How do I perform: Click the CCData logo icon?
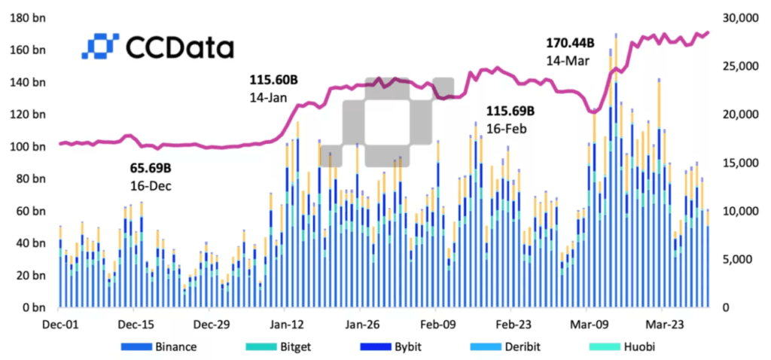[100, 46]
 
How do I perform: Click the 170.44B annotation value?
[571, 43]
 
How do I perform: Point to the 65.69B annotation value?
[151, 168]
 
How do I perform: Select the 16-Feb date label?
[506, 129]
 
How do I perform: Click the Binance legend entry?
[159, 346]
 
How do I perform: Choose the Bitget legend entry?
[279, 346]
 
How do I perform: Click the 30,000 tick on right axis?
[739, 19]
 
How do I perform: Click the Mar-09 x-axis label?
[586, 325]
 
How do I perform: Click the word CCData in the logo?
[180, 47]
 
